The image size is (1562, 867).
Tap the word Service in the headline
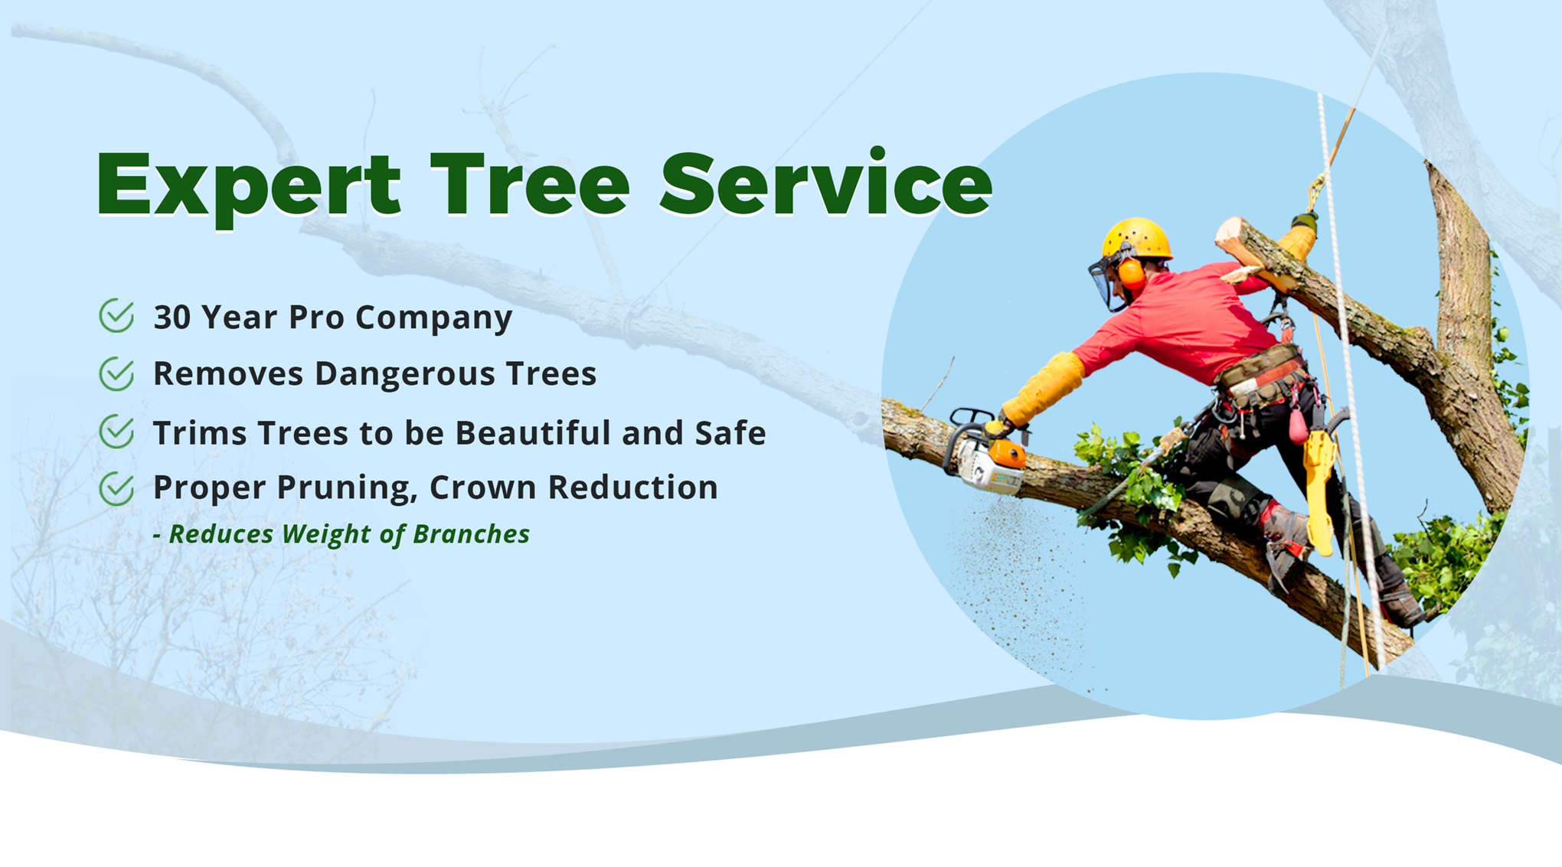826,182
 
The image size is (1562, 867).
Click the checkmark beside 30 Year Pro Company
117,315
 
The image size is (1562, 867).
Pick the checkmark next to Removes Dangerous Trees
117,373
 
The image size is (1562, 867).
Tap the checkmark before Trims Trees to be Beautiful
117,432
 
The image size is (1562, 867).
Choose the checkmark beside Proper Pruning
117,488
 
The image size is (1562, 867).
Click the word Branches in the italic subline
471,533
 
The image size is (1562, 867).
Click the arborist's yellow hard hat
1136,239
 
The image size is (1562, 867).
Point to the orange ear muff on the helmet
1131,274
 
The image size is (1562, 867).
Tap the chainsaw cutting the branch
985,455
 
